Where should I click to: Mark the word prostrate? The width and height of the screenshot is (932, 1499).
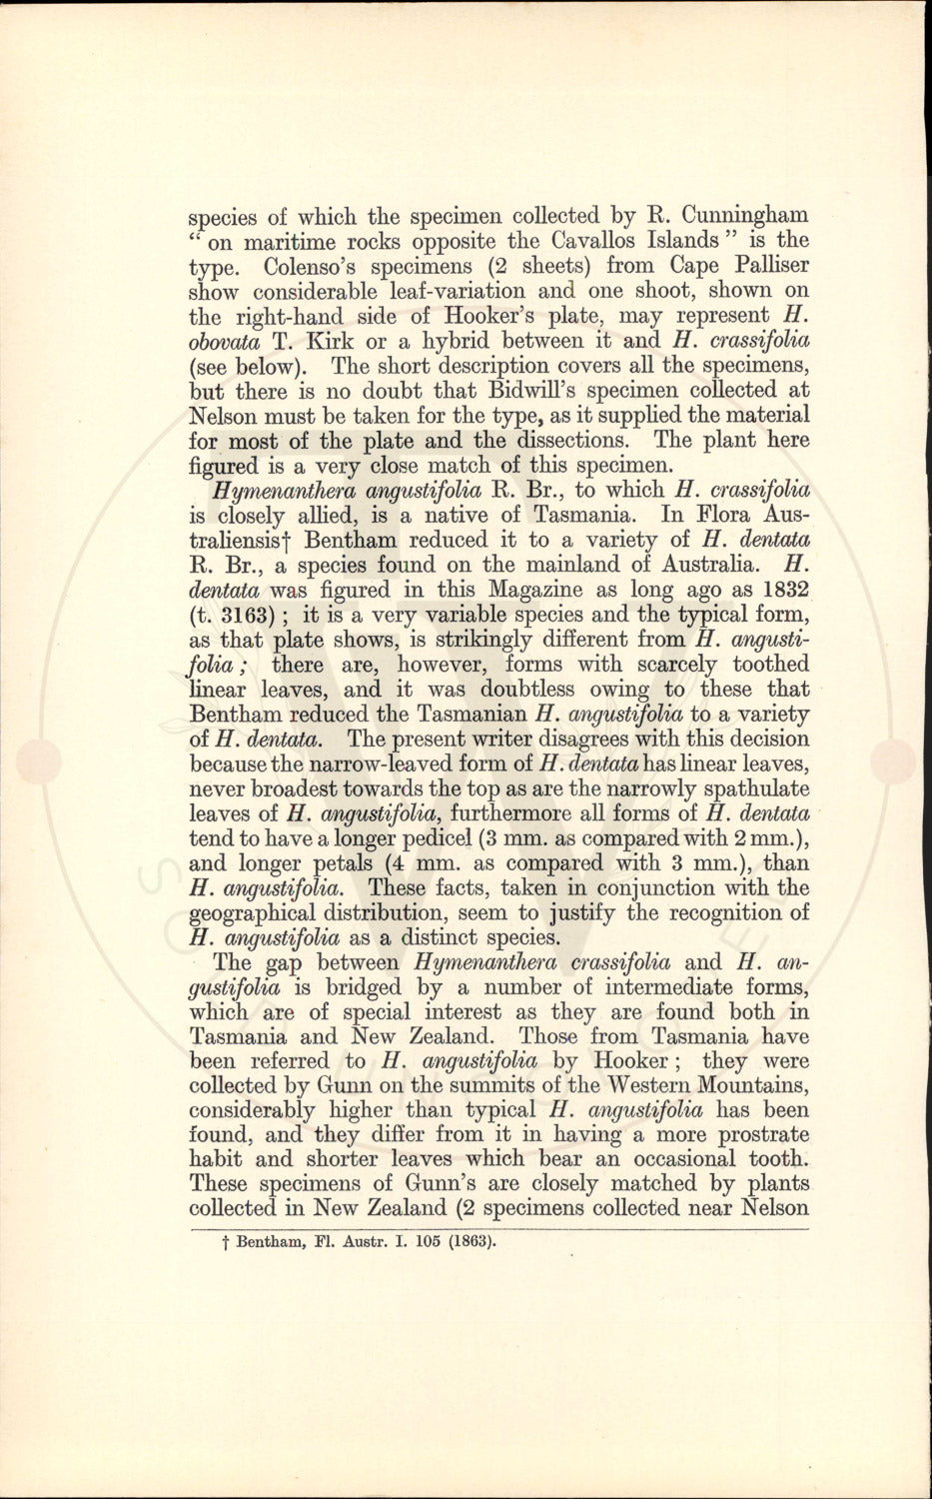point(755,1135)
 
